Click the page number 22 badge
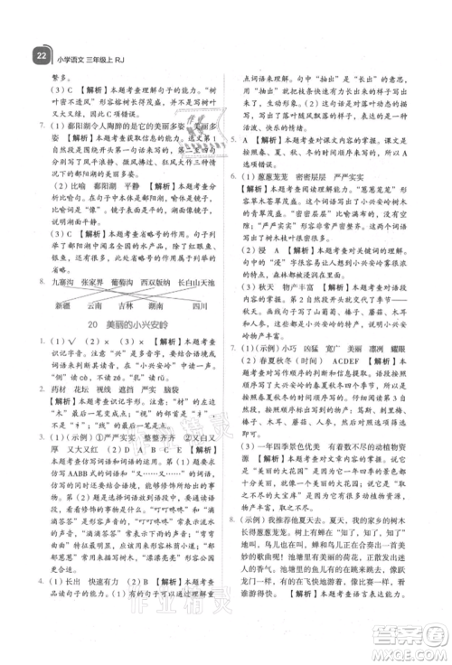point(39,54)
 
